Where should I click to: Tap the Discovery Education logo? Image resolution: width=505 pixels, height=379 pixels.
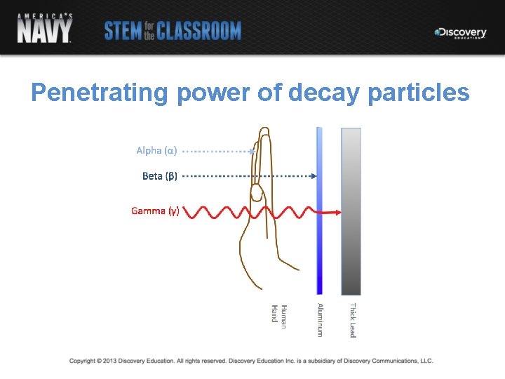pos(460,32)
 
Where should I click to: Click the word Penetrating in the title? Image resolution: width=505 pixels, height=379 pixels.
pos(100,93)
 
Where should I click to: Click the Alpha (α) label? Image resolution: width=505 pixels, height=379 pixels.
pos(156,150)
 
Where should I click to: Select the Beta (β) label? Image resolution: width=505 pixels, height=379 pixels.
pos(159,176)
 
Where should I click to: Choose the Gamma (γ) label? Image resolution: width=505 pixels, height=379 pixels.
pos(155,211)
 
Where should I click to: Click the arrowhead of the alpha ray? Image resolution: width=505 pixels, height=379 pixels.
pos(252,151)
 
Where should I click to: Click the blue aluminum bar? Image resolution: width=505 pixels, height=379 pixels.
pos(319,211)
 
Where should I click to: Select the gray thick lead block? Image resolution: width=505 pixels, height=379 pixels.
pos(351,211)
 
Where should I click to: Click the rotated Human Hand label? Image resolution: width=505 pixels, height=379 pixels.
pos(279,314)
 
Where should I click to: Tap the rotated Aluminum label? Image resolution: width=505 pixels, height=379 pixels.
pos(320,319)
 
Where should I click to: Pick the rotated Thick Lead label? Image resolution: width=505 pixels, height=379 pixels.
pos(353,320)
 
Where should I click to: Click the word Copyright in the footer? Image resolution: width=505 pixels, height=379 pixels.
pos(82,361)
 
